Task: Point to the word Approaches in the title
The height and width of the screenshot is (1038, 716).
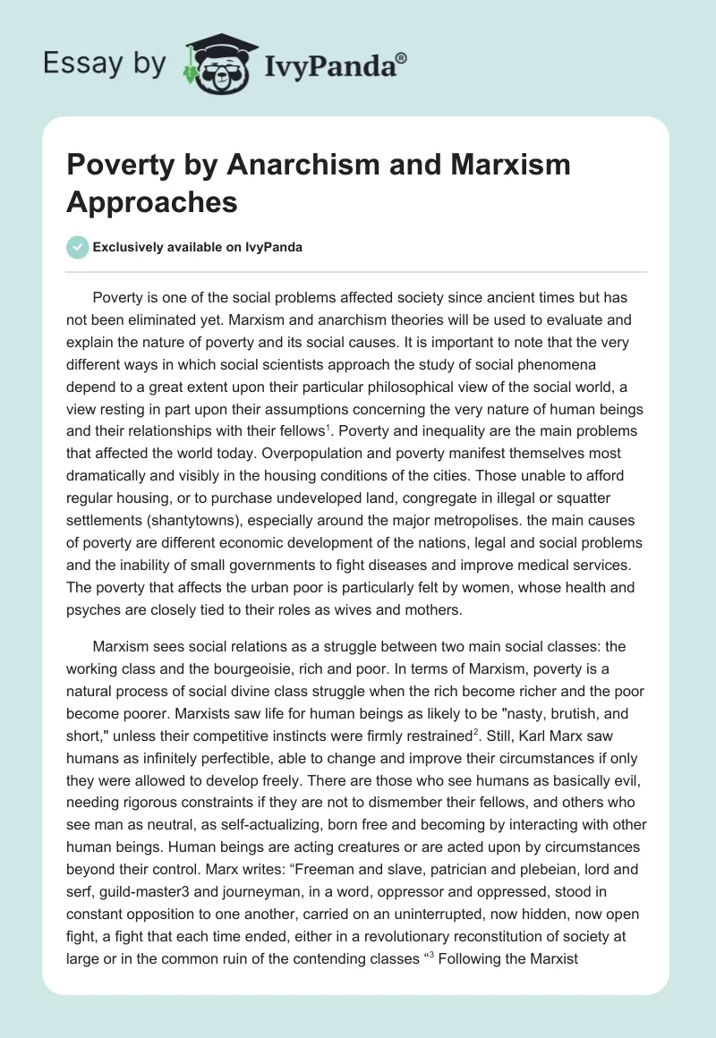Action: pyautogui.click(x=153, y=201)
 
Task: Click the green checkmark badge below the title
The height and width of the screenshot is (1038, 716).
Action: pyautogui.click(x=78, y=247)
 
